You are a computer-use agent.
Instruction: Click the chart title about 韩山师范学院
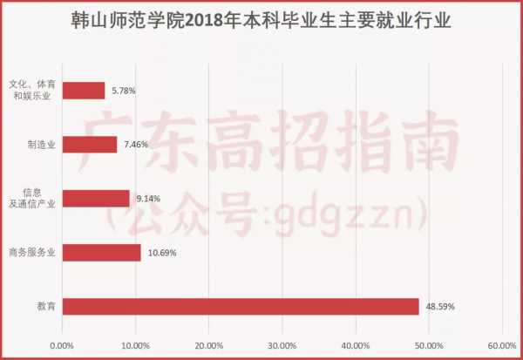click(261, 19)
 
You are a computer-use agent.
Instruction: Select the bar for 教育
click(241, 306)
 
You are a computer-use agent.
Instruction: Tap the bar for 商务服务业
click(101, 253)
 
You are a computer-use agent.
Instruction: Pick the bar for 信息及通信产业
click(96, 198)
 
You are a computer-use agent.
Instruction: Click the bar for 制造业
click(90, 145)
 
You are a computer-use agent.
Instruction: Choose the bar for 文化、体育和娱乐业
click(84, 91)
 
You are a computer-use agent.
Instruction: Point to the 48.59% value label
click(440, 307)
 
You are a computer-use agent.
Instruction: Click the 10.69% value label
click(161, 253)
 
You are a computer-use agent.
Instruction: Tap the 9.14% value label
click(148, 199)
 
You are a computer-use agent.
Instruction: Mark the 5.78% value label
click(122, 91)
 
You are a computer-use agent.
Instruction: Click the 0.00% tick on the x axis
click(62, 346)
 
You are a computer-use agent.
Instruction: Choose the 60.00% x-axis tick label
click(501, 346)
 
